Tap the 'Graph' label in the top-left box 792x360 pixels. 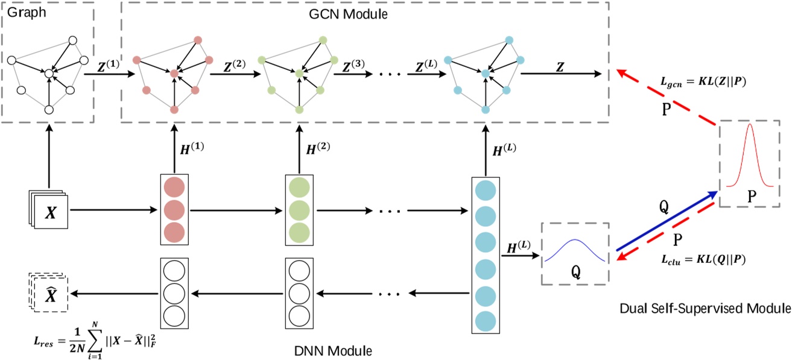pos(22,11)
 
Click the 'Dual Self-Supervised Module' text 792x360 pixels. pos(705,309)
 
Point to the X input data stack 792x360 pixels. pos(49,212)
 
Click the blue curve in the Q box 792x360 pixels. pos(575,251)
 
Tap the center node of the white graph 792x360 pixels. pos(48,73)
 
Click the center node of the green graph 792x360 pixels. pos(298,73)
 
